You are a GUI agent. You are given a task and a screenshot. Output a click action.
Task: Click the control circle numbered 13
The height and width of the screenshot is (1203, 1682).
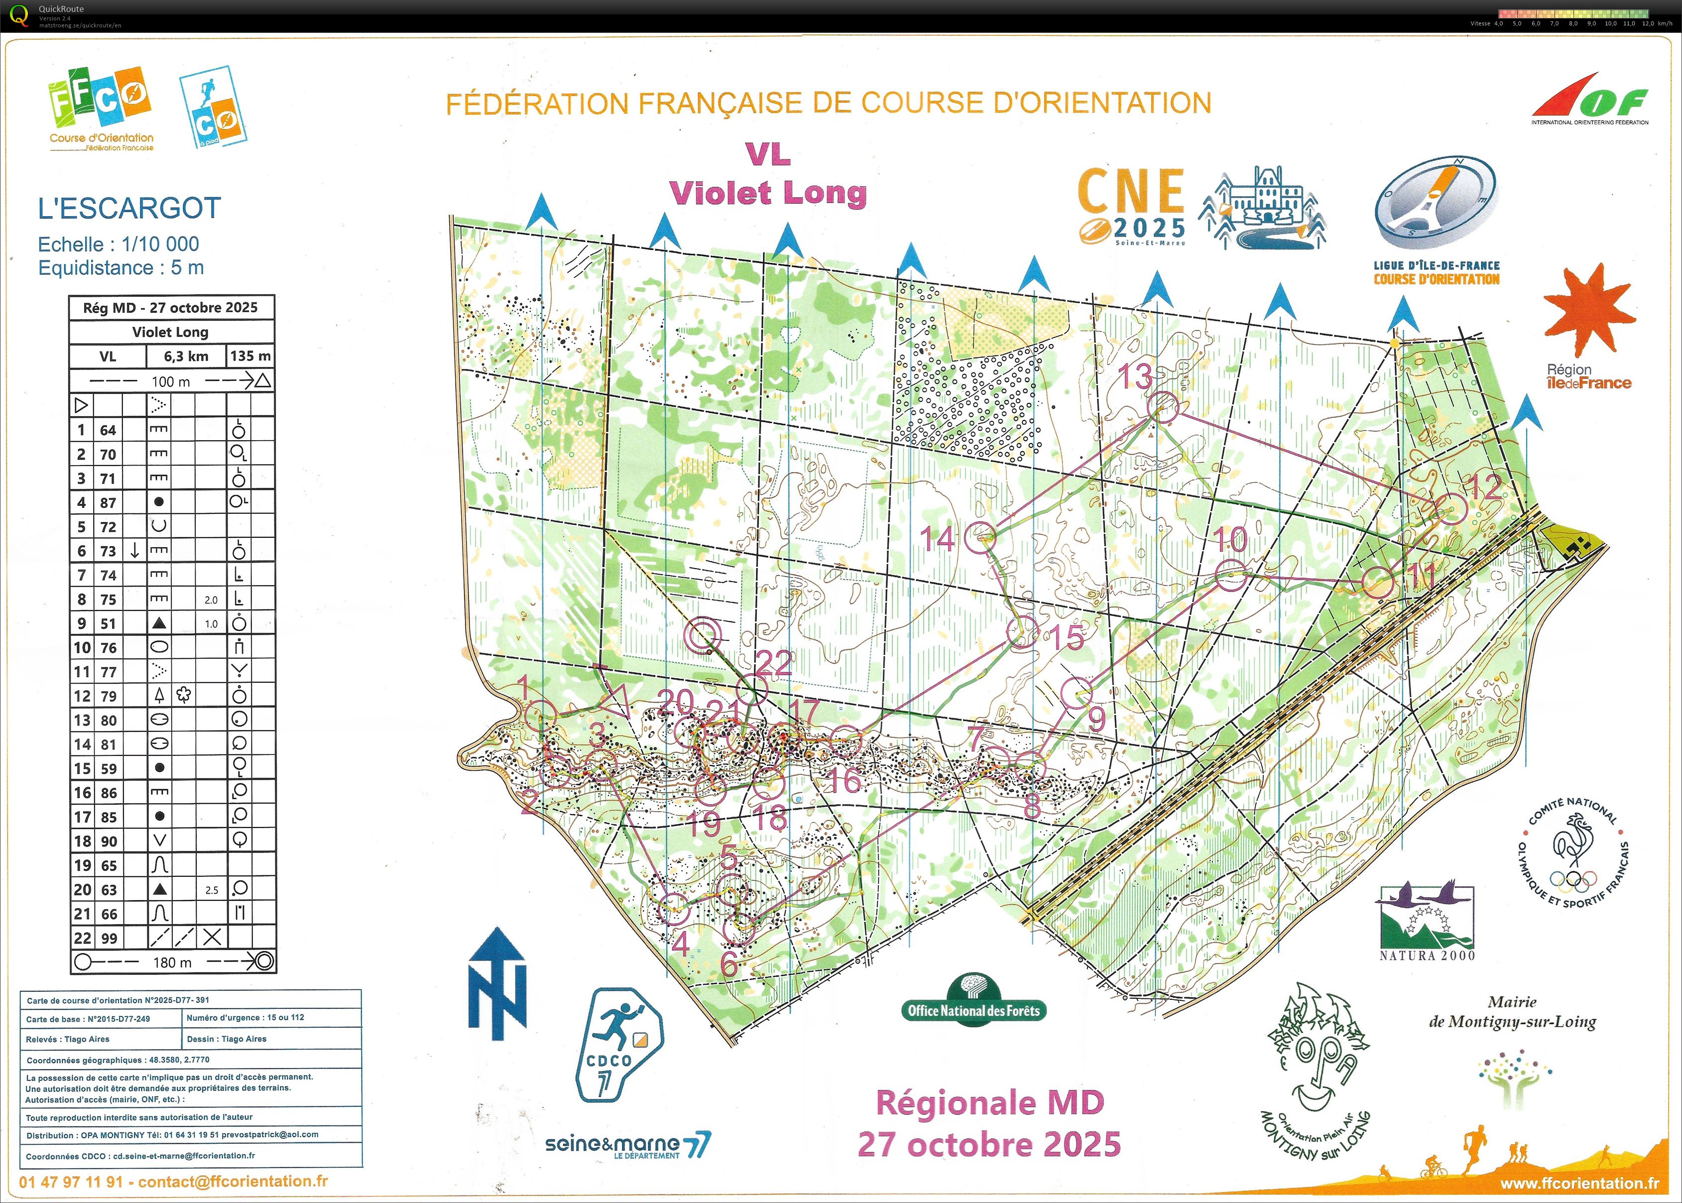click(1163, 407)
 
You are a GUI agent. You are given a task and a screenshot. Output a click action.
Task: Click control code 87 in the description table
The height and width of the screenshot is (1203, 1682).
click(108, 502)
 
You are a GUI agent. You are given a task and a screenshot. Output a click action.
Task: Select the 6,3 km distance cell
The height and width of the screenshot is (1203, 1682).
click(186, 357)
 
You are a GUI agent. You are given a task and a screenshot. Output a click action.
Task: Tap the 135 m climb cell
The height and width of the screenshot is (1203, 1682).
click(250, 357)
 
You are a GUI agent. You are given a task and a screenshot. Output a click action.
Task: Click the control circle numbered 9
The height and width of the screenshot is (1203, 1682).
click(1076, 693)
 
